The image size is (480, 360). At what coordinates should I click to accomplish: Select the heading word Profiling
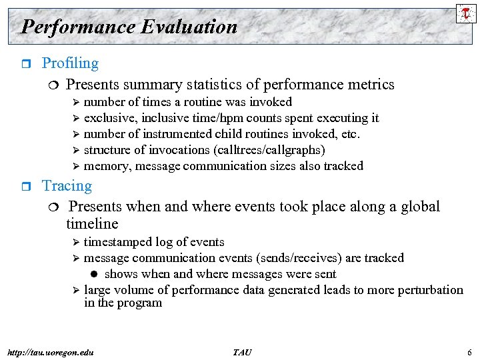(70, 63)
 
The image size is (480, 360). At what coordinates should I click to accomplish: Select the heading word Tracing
(67, 186)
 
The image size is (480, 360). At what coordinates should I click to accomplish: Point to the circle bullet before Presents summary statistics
(53, 85)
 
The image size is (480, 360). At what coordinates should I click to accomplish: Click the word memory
(105, 166)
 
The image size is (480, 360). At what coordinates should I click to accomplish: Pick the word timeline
(92, 224)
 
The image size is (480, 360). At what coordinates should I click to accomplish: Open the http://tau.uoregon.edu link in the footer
(50, 352)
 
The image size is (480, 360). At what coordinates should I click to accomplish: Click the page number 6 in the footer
(469, 352)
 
